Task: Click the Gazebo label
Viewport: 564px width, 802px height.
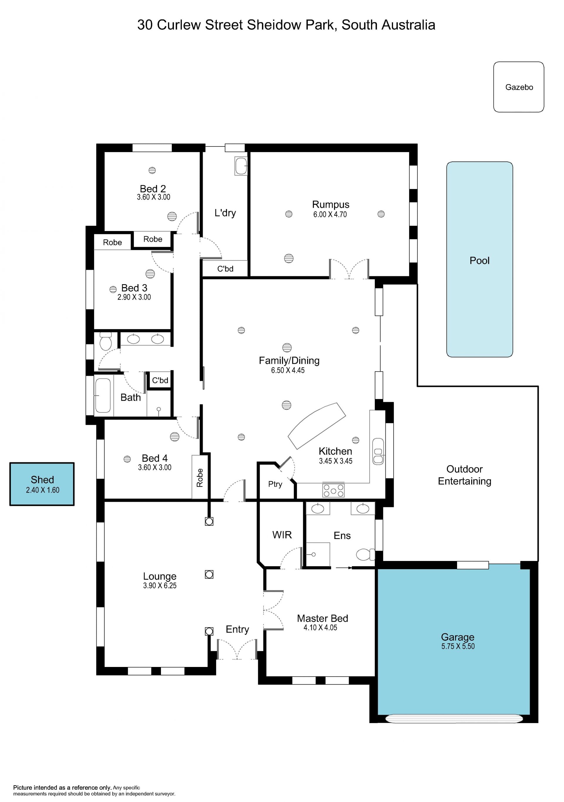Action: (x=519, y=87)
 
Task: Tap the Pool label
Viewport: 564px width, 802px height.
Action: (x=479, y=261)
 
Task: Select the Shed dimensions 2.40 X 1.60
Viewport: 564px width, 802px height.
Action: (x=43, y=490)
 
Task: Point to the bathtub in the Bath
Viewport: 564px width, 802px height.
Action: (x=103, y=395)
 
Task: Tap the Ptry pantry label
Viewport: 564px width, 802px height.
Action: (x=275, y=484)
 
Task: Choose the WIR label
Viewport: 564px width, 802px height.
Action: (x=282, y=535)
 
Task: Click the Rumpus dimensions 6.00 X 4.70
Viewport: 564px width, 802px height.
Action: (x=330, y=215)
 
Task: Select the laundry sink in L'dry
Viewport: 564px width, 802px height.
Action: (x=241, y=166)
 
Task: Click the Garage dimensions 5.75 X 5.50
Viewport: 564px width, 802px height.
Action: (x=458, y=646)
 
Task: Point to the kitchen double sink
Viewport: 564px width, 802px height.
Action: (x=378, y=451)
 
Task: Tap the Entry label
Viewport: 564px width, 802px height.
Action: (x=237, y=629)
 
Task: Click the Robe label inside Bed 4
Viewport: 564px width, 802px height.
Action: (x=200, y=478)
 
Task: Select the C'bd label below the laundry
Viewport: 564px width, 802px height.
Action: (x=225, y=269)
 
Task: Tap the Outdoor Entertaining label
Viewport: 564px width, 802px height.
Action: (x=464, y=475)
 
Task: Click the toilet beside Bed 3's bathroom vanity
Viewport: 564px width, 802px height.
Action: (x=105, y=341)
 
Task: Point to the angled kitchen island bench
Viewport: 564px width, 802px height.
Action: (x=317, y=425)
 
